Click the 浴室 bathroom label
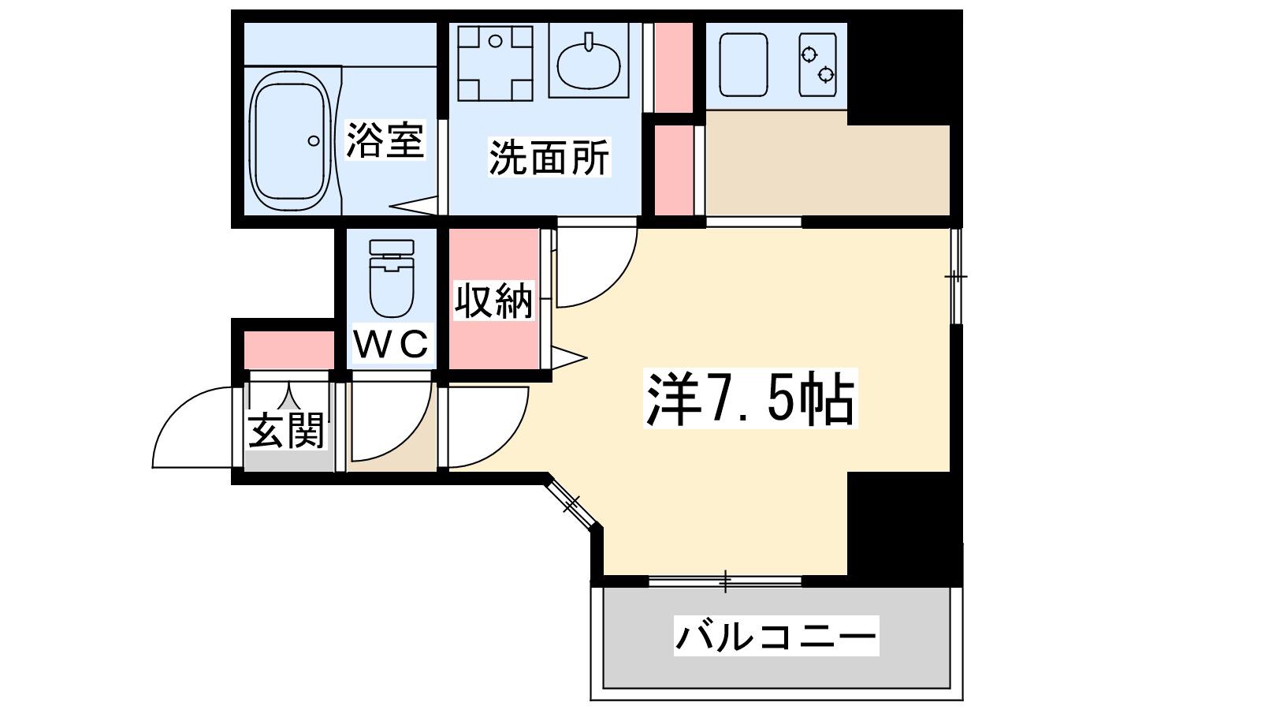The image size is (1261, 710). coord(385,140)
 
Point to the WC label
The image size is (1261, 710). coord(392,343)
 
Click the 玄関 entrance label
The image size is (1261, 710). coord(287,430)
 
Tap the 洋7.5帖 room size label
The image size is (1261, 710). coord(750,398)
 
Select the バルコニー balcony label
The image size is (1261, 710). coord(776,636)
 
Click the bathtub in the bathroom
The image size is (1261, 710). coord(291,141)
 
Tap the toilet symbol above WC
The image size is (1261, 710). coord(392,278)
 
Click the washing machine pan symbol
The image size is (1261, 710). coord(496,63)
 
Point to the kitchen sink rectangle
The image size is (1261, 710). coord(744,65)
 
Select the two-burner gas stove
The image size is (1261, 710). coord(817,65)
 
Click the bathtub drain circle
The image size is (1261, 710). coord(314,141)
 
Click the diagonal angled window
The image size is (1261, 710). coord(572,503)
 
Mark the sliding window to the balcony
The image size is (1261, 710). coord(725,581)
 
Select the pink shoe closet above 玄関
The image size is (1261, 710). coord(289,350)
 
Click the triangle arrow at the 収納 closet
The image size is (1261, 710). coord(569,357)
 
